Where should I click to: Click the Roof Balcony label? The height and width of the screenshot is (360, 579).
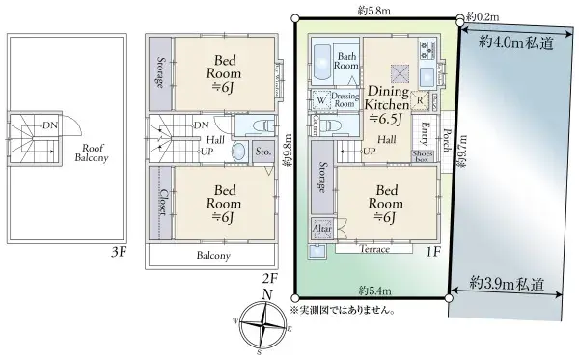tap(93, 152)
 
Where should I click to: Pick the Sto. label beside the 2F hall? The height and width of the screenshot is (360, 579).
tap(262, 151)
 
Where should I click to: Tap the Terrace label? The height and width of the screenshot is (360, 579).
tap(373, 249)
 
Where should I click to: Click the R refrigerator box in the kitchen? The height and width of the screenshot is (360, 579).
tap(421, 98)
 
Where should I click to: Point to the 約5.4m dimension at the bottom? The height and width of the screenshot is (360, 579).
tap(372, 290)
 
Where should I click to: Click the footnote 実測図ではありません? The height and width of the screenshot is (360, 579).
tap(345, 310)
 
